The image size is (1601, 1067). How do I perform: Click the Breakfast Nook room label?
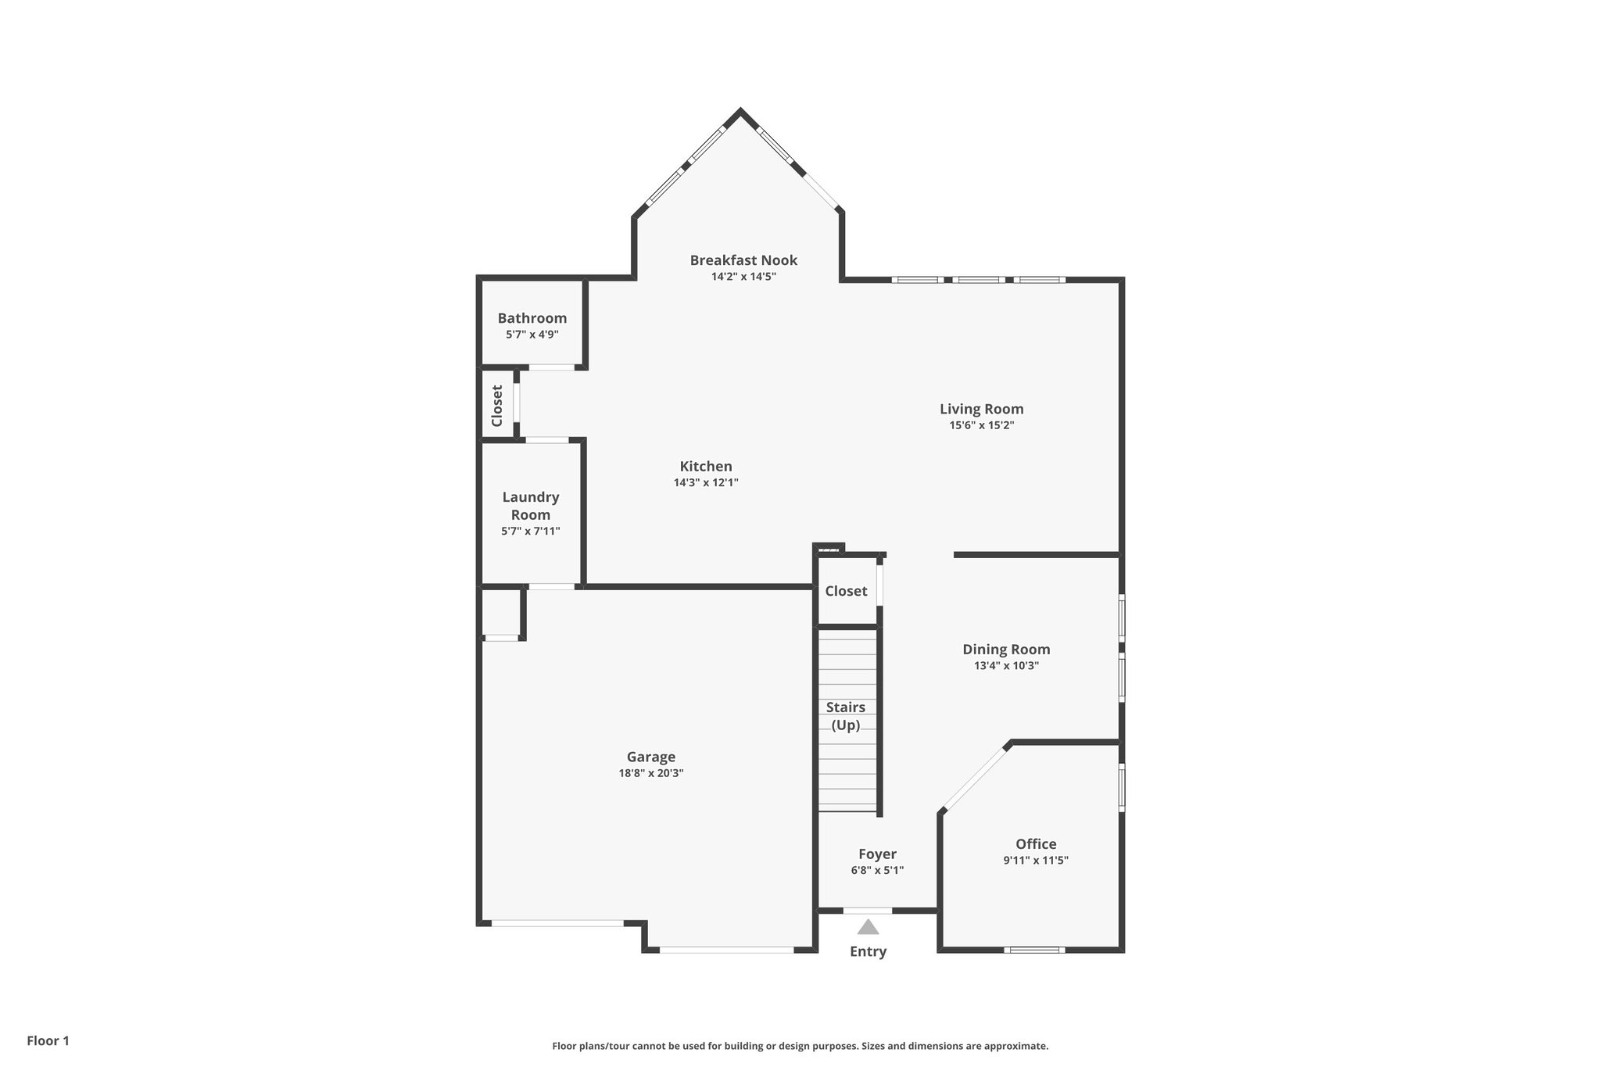pyautogui.click(x=743, y=260)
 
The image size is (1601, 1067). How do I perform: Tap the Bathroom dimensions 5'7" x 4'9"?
pyautogui.click(x=532, y=335)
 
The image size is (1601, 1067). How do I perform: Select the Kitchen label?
pyautogui.click(x=706, y=467)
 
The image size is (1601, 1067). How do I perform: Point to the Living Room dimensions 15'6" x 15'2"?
pyautogui.click(x=981, y=425)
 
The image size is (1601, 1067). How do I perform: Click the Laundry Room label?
pyautogui.click(x=531, y=506)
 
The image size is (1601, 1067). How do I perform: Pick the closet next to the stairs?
pyautogui.click(x=846, y=591)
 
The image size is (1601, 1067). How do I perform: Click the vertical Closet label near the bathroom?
pyautogui.click(x=497, y=406)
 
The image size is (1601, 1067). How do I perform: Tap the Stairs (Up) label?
pyautogui.click(x=846, y=716)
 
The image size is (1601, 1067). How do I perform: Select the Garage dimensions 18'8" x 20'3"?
pyautogui.click(x=650, y=773)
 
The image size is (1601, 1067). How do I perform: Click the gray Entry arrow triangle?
pyautogui.click(x=868, y=928)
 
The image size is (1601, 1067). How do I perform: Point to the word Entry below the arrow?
pyautogui.click(x=868, y=951)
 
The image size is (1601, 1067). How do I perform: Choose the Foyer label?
pyautogui.click(x=877, y=854)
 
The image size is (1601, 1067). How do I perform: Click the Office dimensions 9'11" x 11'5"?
pyautogui.click(x=1036, y=861)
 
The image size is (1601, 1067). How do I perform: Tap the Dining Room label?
pyautogui.click(x=1006, y=650)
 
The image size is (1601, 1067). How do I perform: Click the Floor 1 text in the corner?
pyautogui.click(x=48, y=1040)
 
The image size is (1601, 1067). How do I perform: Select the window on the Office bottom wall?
pyautogui.click(x=1034, y=950)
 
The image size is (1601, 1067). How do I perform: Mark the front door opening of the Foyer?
pyautogui.click(x=867, y=911)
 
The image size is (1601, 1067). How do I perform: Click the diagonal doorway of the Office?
pyautogui.click(x=974, y=779)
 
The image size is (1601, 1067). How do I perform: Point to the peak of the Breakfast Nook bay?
pyautogui.click(x=740, y=112)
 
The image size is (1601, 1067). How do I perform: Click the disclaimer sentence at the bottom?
pyautogui.click(x=800, y=1046)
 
